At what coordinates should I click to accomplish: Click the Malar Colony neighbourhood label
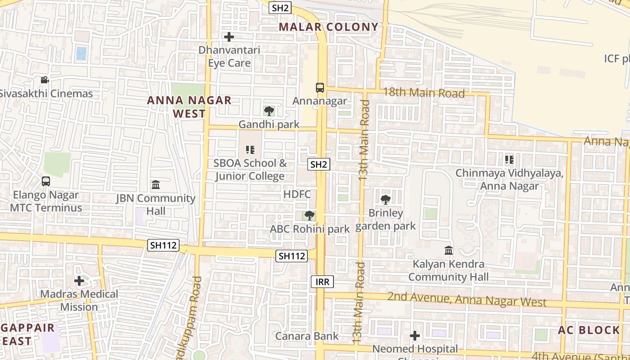[x=328, y=27]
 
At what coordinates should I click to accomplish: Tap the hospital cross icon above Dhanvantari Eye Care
[x=229, y=37]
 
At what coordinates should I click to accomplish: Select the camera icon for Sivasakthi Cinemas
[x=45, y=80]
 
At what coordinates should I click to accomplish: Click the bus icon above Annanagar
[x=320, y=88]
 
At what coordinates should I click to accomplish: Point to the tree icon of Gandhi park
[x=269, y=111]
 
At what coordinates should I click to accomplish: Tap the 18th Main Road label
[x=423, y=93]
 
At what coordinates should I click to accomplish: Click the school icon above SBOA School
[x=250, y=149]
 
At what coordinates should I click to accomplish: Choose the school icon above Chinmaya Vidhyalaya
[x=509, y=159]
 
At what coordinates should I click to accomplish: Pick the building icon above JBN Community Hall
[x=156, y=184]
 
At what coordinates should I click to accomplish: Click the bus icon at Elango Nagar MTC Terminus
[x=45, y=181]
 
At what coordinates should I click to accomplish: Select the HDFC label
[x=297, y=194]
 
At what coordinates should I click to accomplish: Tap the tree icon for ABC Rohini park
[x=309, y=216]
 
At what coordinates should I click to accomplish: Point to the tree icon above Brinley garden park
[x=385, y=199]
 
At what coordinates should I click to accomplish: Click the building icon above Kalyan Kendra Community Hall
[x=448, y=250]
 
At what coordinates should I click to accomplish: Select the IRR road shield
[x=323, y=282]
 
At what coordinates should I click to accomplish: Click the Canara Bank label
[x=307, y=336]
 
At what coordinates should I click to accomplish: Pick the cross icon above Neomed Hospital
[x=414, y=336]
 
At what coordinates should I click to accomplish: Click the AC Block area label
[x=589, y=330]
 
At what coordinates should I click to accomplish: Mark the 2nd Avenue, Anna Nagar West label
[x=467, y=299]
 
